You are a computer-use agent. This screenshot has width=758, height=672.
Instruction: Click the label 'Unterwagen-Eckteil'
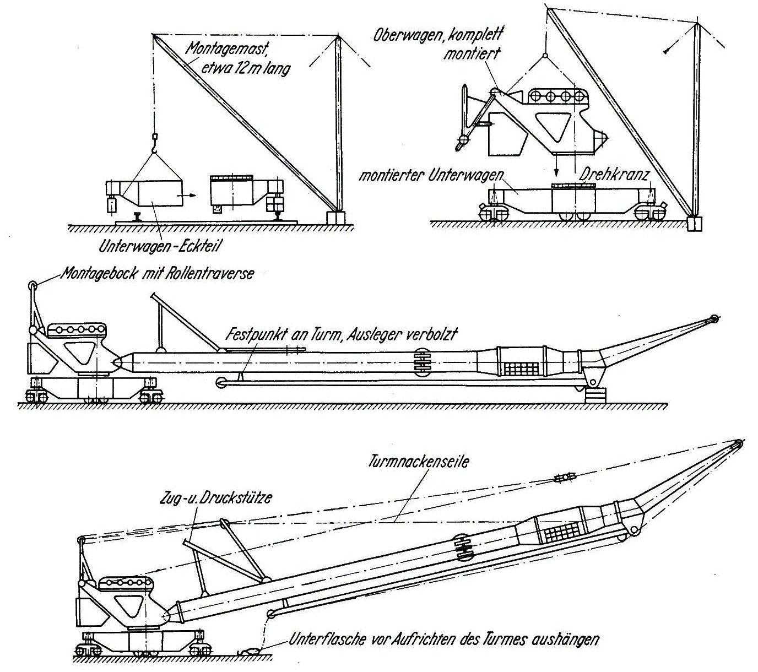tap(159, 246)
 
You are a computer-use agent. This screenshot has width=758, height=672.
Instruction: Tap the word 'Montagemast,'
tap(226, 49)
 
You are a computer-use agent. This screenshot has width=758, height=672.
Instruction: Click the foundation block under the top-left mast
tap(335, 217)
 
